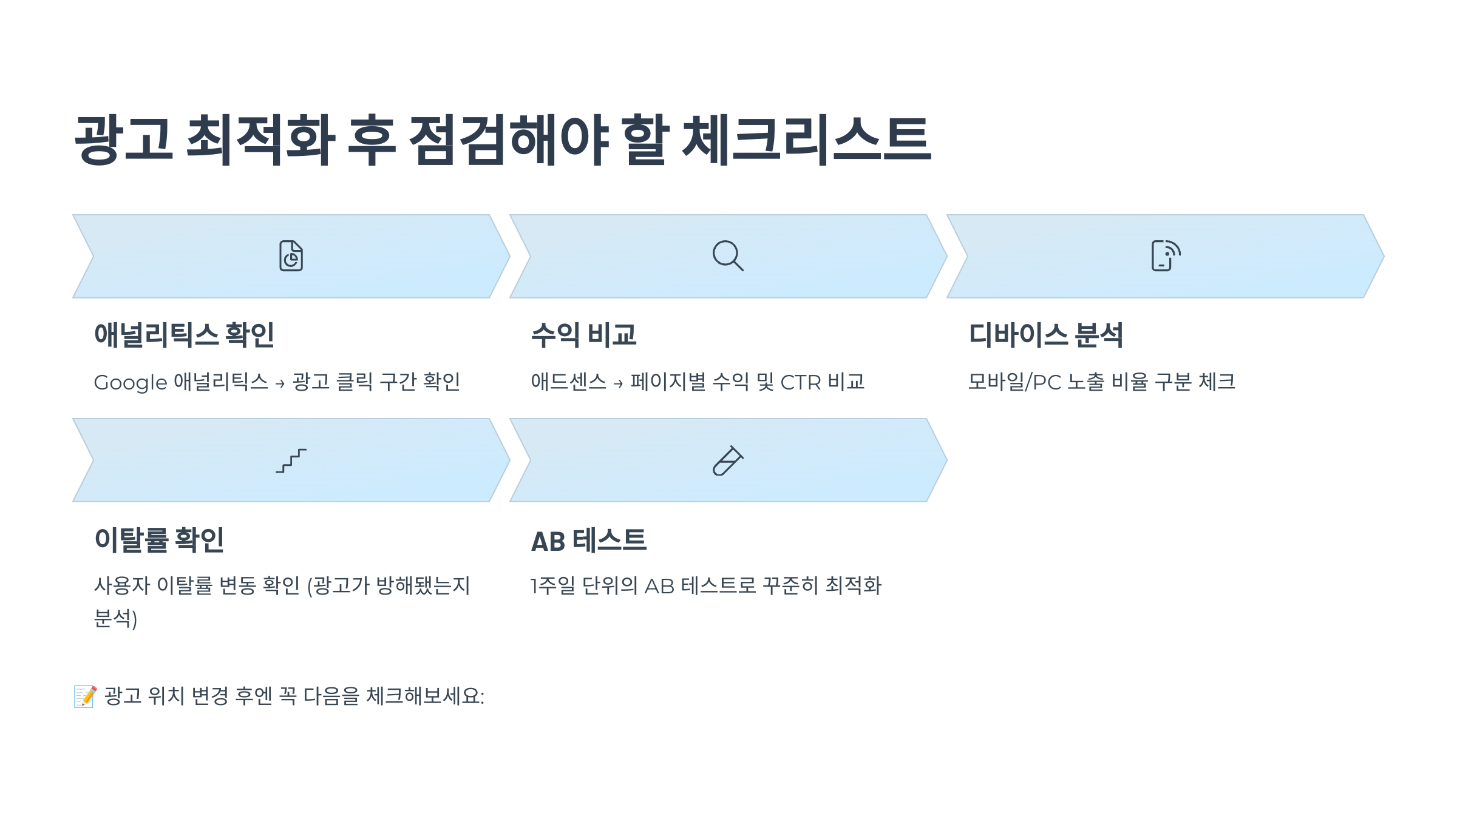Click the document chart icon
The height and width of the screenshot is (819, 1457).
291,256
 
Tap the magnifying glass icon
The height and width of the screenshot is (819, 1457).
727,256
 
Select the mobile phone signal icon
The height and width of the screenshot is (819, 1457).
1165,256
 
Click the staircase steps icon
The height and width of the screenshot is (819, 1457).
291,461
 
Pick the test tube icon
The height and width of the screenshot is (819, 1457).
727,461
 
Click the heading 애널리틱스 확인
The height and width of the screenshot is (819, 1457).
184,335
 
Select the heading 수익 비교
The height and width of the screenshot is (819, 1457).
583,335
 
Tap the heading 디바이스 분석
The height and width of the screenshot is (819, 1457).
1045,335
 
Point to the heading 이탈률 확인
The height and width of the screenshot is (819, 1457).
159,539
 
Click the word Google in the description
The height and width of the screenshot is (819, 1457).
130,383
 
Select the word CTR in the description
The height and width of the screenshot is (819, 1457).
800,383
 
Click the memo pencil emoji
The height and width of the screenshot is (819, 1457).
85,696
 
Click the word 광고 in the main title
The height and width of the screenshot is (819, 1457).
123,140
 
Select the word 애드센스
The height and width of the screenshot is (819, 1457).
568,382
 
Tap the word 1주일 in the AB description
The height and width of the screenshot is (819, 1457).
552,586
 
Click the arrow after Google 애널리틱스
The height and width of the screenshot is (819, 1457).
280,384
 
